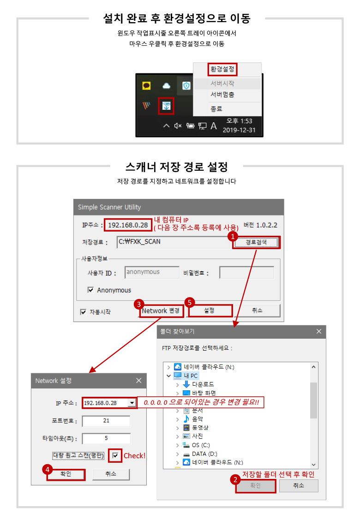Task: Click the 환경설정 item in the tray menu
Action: click(x=222, y=69)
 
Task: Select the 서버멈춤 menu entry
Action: click(x=222, y=95)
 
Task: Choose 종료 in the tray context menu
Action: click(x=216, y=109)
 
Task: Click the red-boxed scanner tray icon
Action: click(x=166, y=106)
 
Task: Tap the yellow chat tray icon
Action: click(x=146, y=86)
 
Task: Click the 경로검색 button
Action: click(x=256, y=242)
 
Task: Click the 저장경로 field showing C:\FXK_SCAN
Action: click(x=173, y=242)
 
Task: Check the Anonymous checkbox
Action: click(x=90, y=290)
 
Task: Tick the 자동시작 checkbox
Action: click(x=83, y=312)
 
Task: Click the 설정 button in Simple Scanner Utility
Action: click(x=210, y=311)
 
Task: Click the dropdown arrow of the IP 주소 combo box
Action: click(x=132, y=403)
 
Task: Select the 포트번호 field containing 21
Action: click(x=106, y=421)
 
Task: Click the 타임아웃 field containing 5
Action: click(x=106, y=438)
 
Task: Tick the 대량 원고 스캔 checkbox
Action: click(x=115, y=455)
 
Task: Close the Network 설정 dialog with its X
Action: click(x=138, y=380)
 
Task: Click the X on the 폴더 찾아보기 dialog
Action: click(x=319, y=331)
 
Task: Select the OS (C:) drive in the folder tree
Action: click(x=197, y=445)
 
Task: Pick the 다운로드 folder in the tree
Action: click(x=198, y=384)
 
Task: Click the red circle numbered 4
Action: click(x=48, y=469)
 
